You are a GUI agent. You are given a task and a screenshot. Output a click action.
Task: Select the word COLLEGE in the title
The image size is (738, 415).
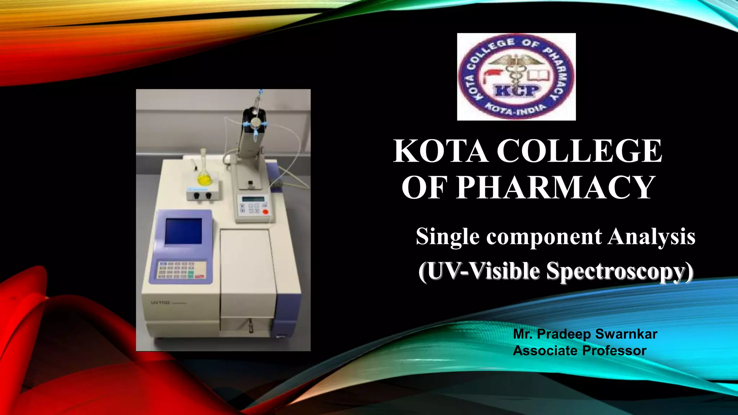579,151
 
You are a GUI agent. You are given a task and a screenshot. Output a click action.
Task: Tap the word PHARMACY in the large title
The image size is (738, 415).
555,187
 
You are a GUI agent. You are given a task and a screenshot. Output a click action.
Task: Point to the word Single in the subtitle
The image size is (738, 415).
448,237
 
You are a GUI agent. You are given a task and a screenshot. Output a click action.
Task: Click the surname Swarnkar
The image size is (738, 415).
626,334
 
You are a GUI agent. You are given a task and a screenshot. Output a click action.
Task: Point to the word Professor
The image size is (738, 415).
614,351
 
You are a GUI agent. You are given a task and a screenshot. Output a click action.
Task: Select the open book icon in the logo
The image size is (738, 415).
539,75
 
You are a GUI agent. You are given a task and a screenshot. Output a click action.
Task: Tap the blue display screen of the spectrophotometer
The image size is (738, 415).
183,231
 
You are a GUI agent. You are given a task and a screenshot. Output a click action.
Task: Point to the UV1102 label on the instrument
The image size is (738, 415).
160,303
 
